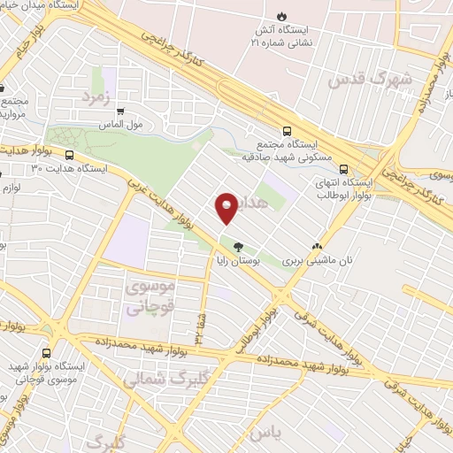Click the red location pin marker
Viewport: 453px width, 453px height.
click(226, 208)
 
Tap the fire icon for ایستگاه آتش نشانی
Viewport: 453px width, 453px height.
click(281, 16)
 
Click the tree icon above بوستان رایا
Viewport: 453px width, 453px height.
click(236, 246)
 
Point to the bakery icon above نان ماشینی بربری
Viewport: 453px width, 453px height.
click(318, 247)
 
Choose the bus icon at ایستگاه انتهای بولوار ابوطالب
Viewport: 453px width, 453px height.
click(344, 173)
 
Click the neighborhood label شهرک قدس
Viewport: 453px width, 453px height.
click(369, 79)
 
